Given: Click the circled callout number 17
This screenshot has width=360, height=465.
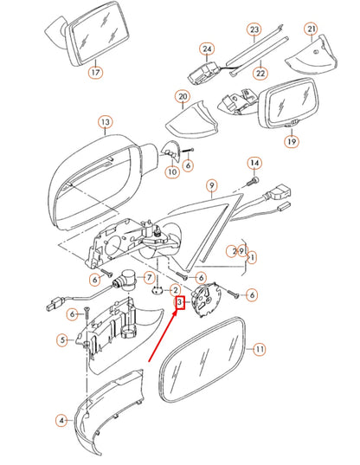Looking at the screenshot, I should [x=94, y=74].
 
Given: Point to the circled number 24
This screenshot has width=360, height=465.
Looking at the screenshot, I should [x=207, y=49].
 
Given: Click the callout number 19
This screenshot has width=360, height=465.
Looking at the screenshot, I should [x=292, y=140].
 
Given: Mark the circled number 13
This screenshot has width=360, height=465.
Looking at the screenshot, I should [x=104, y=122].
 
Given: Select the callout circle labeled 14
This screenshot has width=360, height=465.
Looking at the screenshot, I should [x=254, y=163].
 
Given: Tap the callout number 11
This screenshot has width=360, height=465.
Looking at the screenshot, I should [x=258, y=349].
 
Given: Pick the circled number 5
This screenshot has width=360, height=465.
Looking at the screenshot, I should [x=62, y=340].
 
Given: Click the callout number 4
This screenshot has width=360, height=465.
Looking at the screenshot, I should [x=61, y=421].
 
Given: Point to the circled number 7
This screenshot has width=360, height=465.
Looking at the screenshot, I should [x=148, y=278].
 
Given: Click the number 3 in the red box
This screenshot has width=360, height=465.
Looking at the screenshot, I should [x=180, y=302].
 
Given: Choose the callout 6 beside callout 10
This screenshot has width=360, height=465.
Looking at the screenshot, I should [x=188, y=165].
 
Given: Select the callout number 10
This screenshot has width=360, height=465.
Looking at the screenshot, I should [x=172, y=172].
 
